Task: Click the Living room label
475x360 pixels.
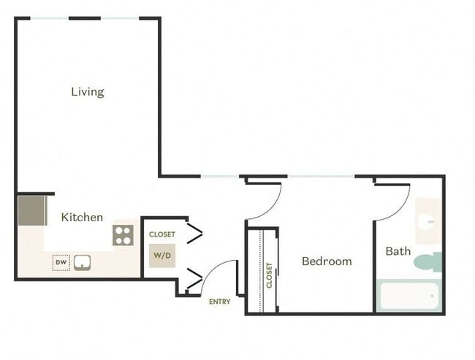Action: [x=88, y=92]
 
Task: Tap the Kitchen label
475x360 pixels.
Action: [x=82, y=218]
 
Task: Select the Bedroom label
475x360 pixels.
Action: [x=327, y=261]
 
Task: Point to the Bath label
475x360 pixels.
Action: [x=398, y=251]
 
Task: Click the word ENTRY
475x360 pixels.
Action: [x=219, y=302]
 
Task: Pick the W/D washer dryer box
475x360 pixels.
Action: [x=162, y=256]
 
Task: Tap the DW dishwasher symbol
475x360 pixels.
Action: [x=61, y=261]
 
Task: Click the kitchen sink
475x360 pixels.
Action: [x=82, y=261]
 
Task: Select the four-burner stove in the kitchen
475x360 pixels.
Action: [x=123, y=235]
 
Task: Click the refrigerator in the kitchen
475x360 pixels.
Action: [x=32, y=210]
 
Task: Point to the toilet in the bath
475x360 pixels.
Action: [x=429, y=261]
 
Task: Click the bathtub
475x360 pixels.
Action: [x=409, y=296]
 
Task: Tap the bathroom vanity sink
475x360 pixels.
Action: [x=427, y=221]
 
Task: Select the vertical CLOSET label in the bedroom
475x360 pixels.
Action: [x=269, y=275]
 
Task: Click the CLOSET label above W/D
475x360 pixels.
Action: [x=162, y=234]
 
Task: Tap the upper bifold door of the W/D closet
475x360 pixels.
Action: [x=194, y=234]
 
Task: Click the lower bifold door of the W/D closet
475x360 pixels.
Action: [x=194, y=278]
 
